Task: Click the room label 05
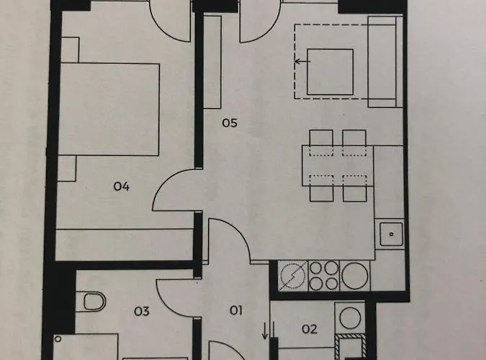pos(229,122)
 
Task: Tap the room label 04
pos(121,186)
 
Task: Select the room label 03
pos(141,311)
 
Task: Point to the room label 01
pos(235,311)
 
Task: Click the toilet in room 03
pos(94,300)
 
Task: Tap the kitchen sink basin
pos(391,233)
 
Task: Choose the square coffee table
pos(330,72)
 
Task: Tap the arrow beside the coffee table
pos(300,62)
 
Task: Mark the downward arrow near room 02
pos(265,331)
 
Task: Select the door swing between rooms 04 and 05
pos(173,193)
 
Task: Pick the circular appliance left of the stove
pos(293,276)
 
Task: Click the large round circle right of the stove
pos(355,275)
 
